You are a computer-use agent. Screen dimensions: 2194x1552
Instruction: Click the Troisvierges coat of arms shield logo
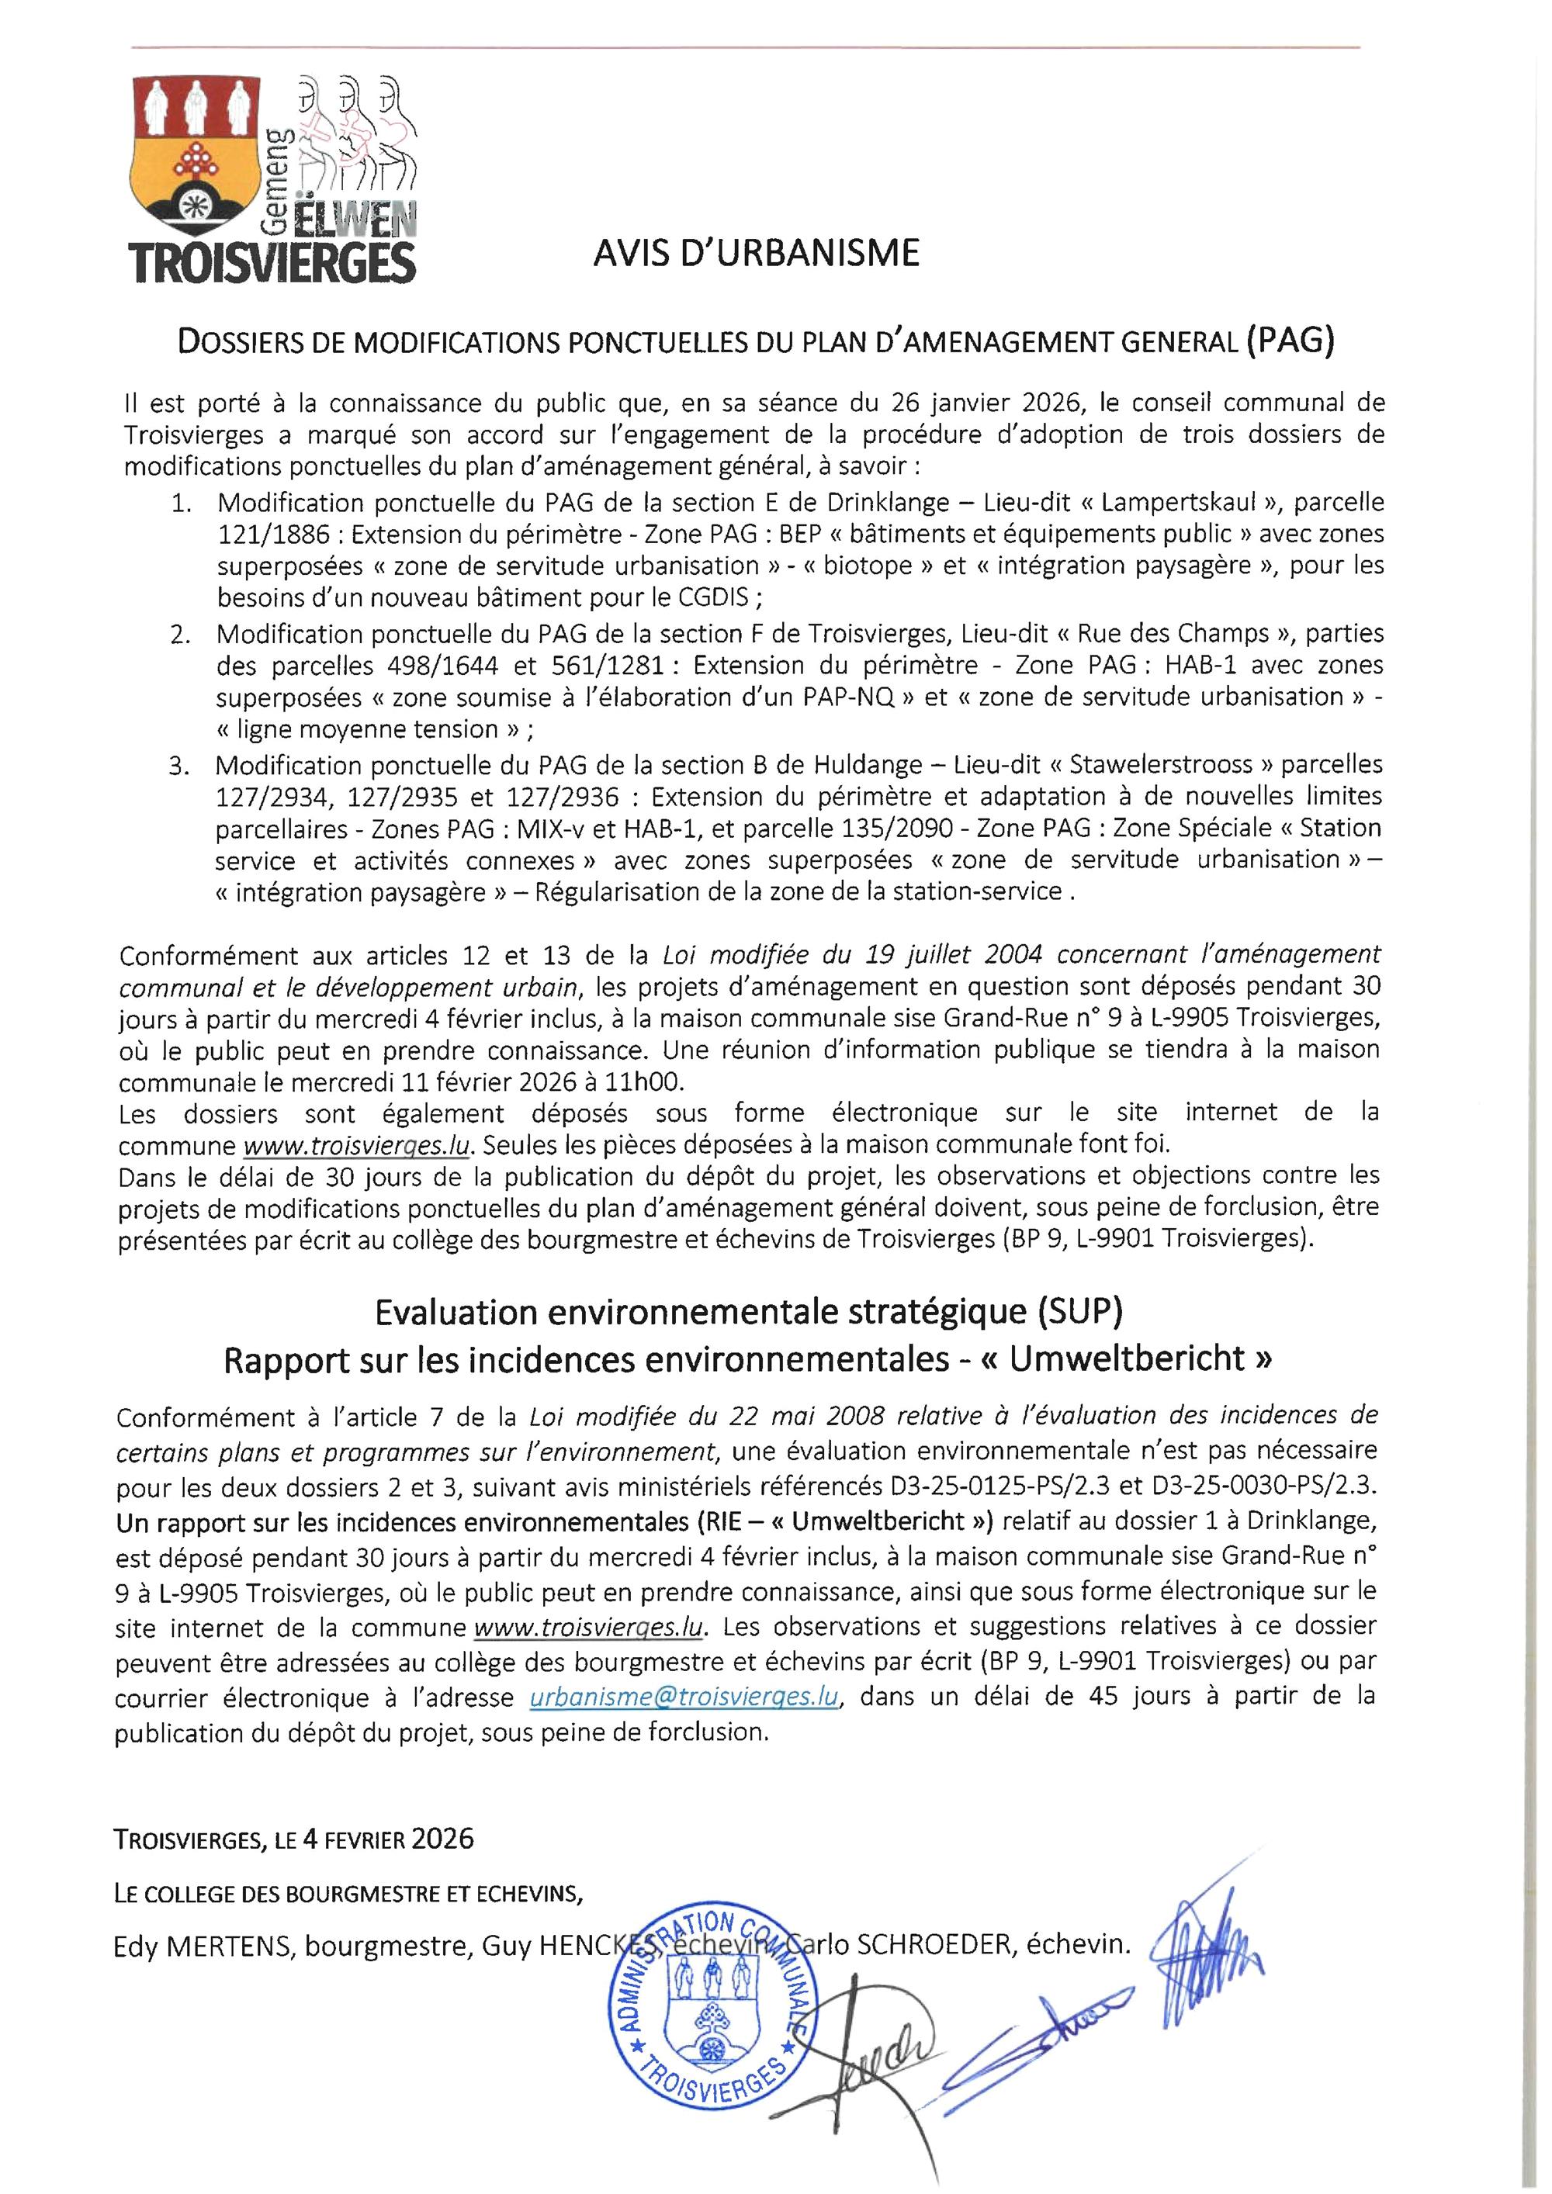pyautogui.click(x=197, y=153)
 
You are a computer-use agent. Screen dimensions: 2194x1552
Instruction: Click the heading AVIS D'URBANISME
pyautogui.click(x=756, y=253)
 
